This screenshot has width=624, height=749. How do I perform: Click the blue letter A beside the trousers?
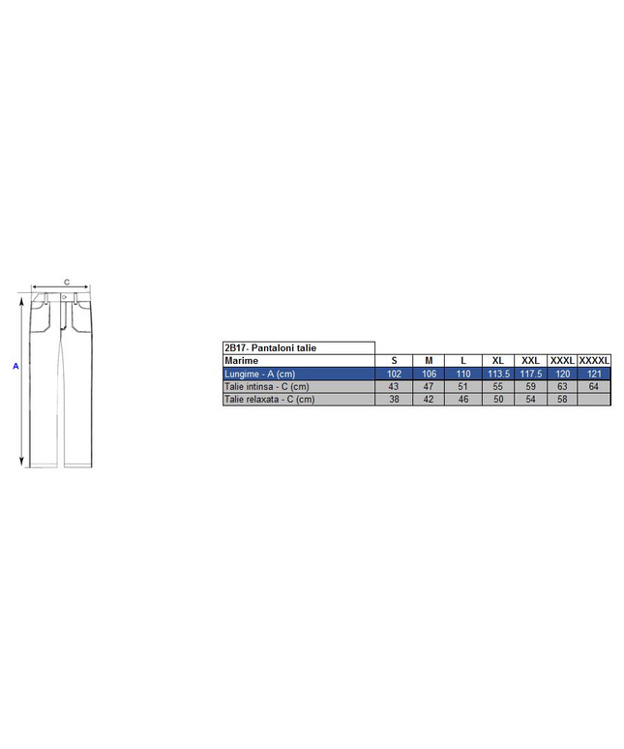[x=15, y=367]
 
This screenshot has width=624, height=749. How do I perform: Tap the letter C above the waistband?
[x=67, y=283]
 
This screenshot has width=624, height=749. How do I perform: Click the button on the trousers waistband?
[x=65, y=298]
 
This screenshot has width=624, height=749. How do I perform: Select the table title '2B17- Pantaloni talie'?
[x=270, y=348]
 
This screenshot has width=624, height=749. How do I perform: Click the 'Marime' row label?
[x=241, y=361]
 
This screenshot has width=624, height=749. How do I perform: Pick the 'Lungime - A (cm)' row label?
[x=259, y=374]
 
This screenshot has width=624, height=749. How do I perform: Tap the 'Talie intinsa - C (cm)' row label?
[x=266, y=386]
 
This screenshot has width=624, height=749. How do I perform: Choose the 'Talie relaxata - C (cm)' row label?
[x=269, y=400]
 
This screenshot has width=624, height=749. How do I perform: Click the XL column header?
[x=498, y=361]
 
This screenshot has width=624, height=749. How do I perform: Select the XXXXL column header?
[x=594, y=361]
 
